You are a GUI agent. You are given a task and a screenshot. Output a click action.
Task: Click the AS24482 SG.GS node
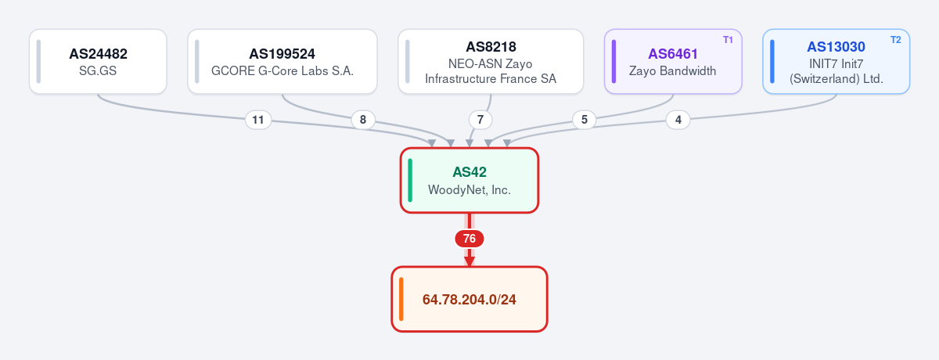98,62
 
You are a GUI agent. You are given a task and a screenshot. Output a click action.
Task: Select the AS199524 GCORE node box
282,62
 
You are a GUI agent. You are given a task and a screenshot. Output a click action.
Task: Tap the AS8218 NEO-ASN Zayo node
491,62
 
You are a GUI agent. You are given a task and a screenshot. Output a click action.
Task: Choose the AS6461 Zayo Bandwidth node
673,62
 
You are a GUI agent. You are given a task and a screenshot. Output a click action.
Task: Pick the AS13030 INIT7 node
836,62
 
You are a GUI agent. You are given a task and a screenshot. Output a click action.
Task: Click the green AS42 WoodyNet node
469,180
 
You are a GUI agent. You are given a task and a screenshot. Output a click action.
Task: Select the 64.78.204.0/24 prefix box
469,299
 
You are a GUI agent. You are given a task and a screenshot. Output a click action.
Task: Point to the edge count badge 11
258,120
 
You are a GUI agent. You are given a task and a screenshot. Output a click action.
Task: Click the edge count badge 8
363,120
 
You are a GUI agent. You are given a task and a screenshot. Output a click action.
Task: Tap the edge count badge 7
480,120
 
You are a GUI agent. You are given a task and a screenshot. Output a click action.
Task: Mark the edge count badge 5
585,120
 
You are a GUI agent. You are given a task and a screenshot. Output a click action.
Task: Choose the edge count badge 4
678,120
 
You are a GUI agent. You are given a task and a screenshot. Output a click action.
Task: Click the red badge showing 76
469,239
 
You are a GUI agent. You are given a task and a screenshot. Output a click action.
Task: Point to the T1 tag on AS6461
728,40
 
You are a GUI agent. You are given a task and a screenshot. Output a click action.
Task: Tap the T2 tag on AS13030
895,40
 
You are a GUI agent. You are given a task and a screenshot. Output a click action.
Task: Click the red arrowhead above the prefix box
469,261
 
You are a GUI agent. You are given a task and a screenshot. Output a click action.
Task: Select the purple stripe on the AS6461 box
613,62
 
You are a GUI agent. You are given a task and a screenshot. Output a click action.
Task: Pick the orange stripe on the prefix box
401,299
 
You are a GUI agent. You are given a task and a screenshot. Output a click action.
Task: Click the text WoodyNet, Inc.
469,190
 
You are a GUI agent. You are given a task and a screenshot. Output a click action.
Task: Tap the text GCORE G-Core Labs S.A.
282,71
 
